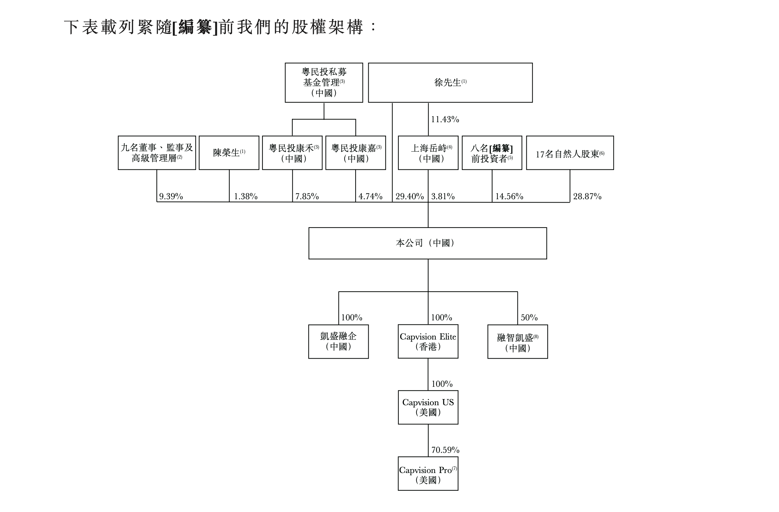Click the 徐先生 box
click(450, 82)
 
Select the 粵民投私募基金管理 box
click(324, 82)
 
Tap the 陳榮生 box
click(229, 153)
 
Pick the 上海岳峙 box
click(428, 153)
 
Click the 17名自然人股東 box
click(570, 153)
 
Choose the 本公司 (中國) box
click(427, 243)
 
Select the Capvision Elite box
click(428, 341)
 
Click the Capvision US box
click(428, 407)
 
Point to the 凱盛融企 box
click(339, 341)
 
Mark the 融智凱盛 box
click(518, 342)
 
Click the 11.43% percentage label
click(445, 119)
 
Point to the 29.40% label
click(410, 196)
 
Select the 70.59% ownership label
click(445, 450)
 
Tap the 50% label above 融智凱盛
click(529, 318)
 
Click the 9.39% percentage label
click(171, 196)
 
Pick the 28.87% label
click(587, 196)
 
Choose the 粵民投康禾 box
click(292, 153)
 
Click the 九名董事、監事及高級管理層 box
click(157, 153)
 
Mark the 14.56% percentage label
click(509, 196)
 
